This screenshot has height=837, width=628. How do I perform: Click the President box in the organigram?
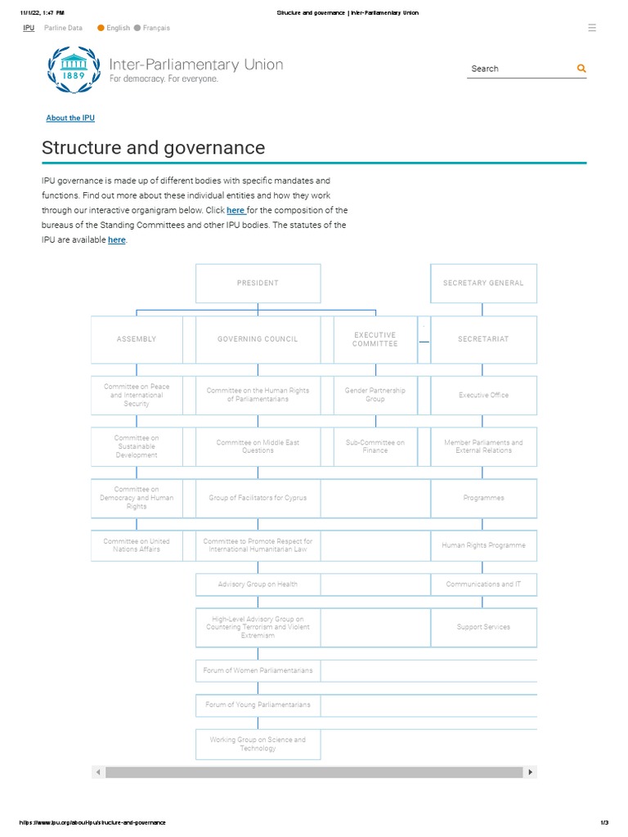(x=258, y=283)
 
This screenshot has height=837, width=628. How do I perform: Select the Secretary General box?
(x=483, y=283)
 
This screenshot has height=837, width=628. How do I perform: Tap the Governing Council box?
(x=258, y=339)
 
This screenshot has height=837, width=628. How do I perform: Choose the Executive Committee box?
(x=375, y=339)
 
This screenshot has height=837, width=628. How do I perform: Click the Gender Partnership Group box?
(x=375, y=395)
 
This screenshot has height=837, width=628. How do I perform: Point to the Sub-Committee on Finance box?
(x=375, y=446)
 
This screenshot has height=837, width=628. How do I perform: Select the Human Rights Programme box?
(x=483, y=545)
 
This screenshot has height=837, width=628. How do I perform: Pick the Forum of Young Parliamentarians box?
(x=258, y=705)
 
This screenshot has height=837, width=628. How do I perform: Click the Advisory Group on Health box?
(x=258, y=584)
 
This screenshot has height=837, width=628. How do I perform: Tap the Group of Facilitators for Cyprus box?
(x=258, y=498)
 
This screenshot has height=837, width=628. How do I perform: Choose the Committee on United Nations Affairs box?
(x=137, y=545)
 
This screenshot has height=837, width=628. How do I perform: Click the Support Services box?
(x=483, y=627)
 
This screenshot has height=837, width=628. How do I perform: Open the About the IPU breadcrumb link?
(x=70, y=119)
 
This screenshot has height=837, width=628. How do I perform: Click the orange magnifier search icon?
(x=581, y=69)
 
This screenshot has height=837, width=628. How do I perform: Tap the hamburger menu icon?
(x=592, y=28)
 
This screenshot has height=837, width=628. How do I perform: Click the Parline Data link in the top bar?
(x=63, y=28)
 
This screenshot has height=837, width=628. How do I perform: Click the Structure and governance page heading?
(x=154, y=148)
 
